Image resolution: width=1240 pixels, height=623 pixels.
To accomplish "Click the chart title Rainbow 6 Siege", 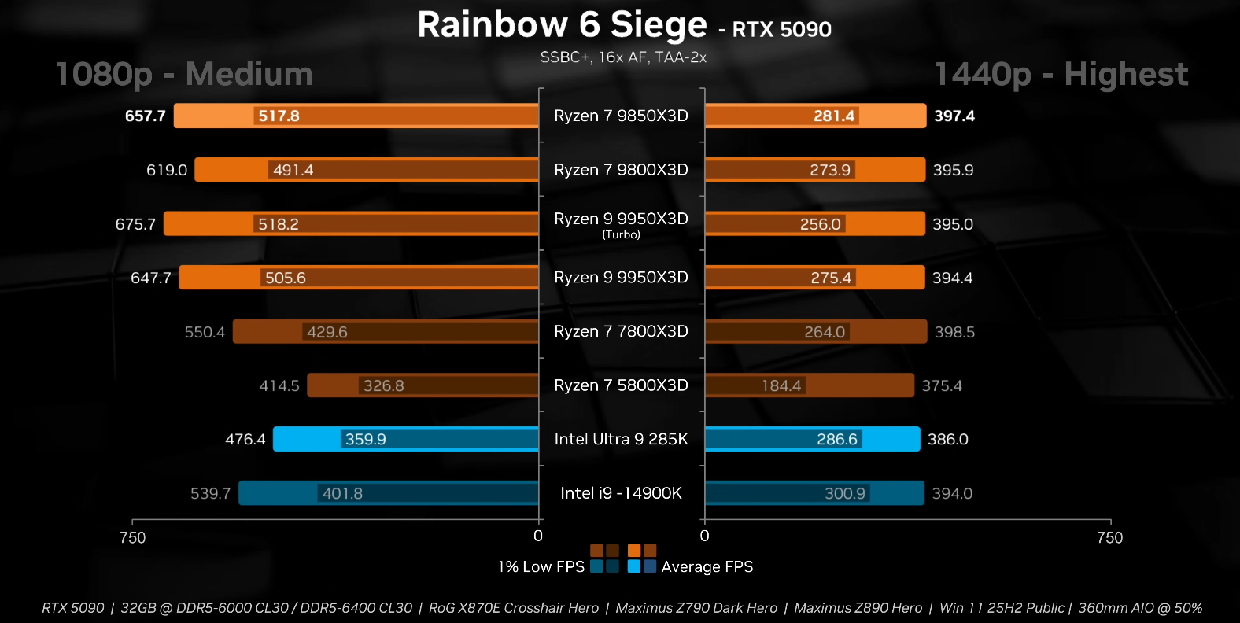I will point(562,25).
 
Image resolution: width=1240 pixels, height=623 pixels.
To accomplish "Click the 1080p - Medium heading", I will point(184,74).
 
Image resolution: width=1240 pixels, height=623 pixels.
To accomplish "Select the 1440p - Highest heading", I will point(1061,74).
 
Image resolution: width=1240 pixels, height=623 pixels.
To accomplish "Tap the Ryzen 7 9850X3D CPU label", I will point(621,116).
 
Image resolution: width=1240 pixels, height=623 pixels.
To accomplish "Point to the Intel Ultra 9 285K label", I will point(621,439).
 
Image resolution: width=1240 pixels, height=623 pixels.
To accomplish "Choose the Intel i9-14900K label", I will point(621,493).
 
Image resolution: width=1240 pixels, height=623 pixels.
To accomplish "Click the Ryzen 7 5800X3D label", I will point(621,385).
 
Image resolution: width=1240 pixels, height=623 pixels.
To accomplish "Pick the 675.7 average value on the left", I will point(135,224).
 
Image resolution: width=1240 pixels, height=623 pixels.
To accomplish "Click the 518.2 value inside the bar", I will point(279,224).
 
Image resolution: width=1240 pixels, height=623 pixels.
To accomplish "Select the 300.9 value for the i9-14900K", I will point(844,493).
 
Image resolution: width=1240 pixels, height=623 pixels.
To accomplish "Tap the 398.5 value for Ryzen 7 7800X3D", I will point(954,332).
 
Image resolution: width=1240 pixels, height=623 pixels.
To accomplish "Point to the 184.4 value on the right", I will point(781,385).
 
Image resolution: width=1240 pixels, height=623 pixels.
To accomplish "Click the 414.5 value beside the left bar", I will point(279,385).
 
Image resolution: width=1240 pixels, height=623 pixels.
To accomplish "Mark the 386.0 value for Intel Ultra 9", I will point(947,439).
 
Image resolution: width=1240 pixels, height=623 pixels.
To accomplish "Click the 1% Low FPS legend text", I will point(541,566).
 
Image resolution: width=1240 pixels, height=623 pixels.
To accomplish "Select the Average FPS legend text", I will point(707,566).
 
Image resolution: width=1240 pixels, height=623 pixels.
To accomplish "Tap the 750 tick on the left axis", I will point(132,537).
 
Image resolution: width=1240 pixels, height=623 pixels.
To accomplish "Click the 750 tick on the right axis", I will point(1109,537).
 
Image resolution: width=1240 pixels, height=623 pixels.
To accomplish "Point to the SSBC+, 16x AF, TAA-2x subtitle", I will point(623,57).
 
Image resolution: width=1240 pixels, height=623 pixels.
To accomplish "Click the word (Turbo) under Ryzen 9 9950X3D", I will point(621,234).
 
